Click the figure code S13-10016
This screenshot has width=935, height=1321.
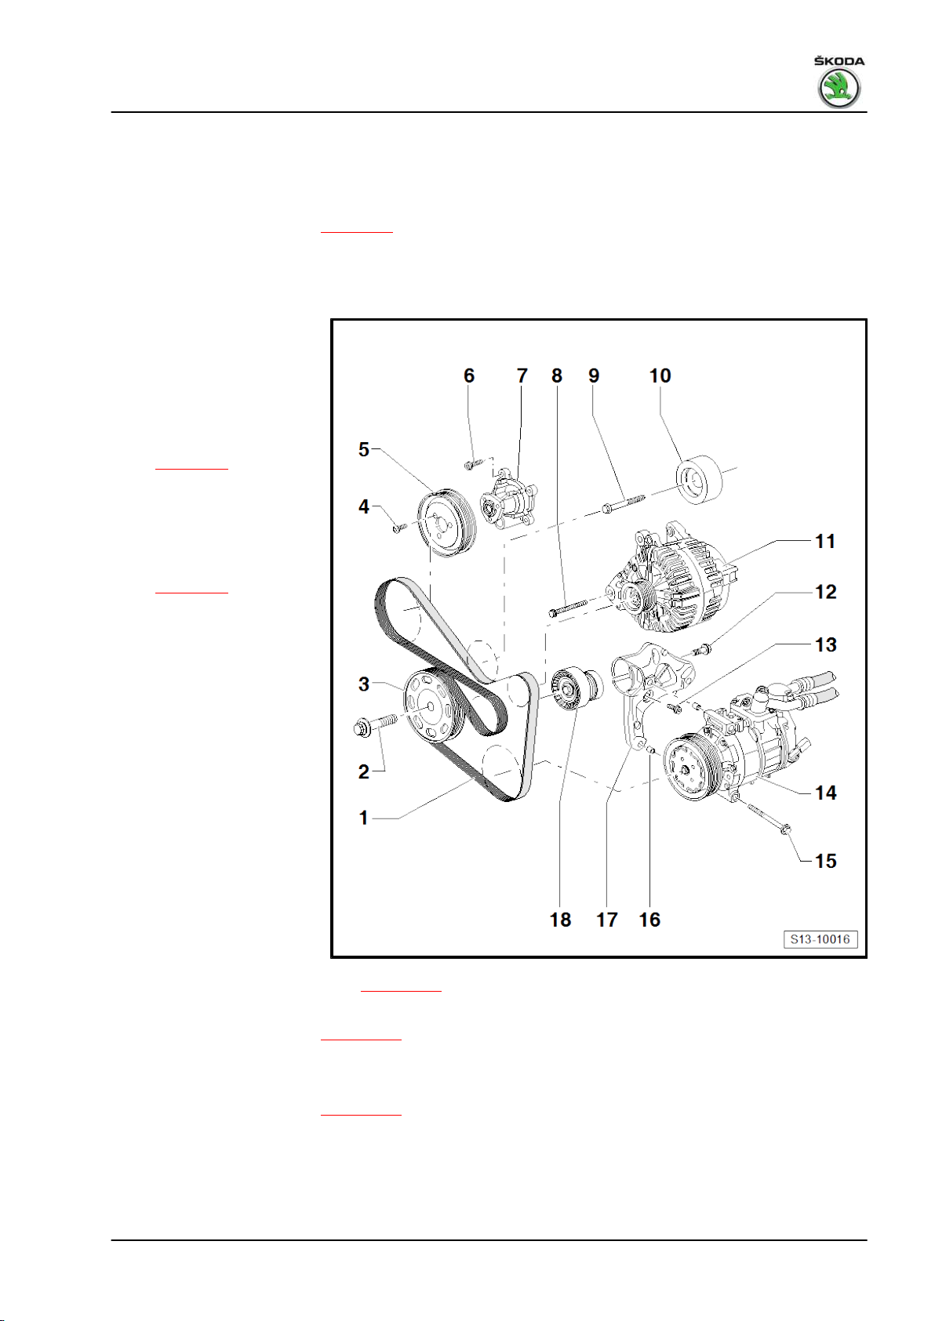point(820,939)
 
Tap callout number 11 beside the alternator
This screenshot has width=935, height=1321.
point(824,542)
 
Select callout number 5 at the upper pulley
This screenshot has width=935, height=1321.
point(364,449)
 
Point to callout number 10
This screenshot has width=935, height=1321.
point(660,376)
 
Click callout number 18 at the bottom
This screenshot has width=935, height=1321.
point(560,920)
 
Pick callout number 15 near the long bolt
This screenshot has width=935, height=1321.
point(826,861)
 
